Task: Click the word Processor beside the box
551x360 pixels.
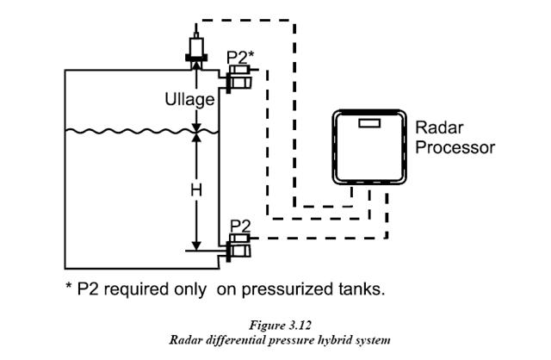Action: coord(455,147)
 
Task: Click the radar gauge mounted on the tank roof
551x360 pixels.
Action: coord(195,47)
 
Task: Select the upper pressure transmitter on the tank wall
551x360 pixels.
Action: coord(238,82)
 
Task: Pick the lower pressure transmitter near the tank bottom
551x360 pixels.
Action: coord(238,249)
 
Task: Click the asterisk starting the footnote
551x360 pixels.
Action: coord(70,288)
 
